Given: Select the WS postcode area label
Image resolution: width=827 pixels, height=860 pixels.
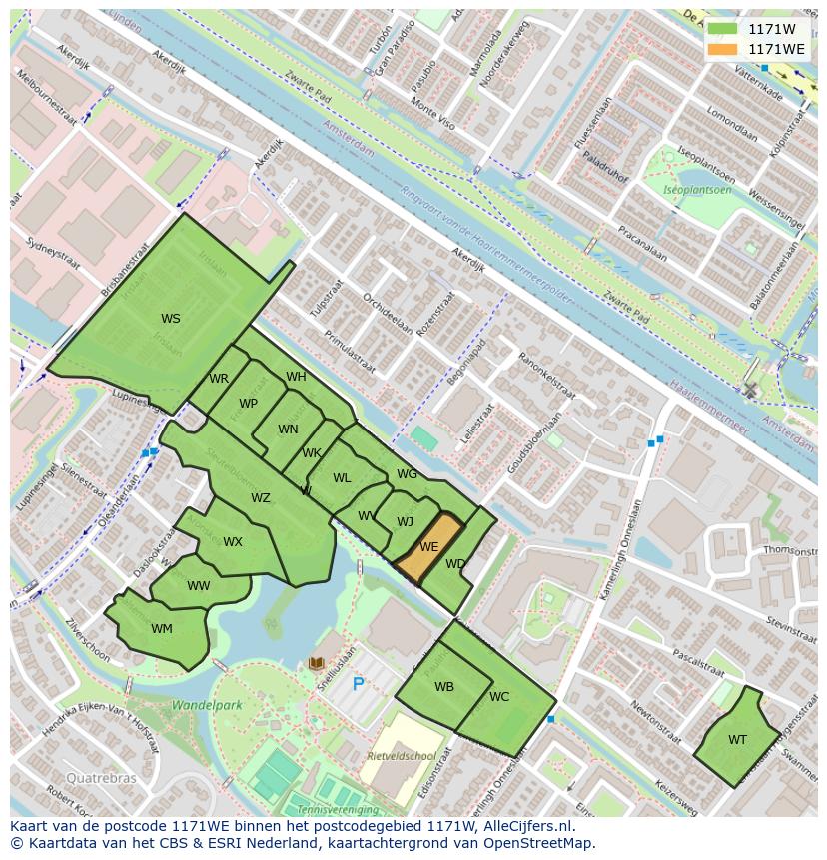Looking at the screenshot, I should (171, 319).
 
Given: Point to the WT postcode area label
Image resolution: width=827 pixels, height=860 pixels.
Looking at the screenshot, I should (737, 740).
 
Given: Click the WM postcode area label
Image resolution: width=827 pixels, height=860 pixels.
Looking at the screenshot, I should (162, 629).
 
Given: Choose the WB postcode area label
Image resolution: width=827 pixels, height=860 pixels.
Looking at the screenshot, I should (444, 687).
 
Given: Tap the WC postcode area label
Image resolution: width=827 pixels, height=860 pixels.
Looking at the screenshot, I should (499, 697).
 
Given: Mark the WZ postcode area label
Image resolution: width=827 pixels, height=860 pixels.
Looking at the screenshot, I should (260, 498).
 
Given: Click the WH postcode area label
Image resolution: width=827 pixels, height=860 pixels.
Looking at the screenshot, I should (296, 377).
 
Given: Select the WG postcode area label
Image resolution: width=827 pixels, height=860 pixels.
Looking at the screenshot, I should (407, 474).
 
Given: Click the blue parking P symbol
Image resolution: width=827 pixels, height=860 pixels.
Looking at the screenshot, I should (358, 685).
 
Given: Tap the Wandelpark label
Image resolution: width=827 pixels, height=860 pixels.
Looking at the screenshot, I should (207, 705).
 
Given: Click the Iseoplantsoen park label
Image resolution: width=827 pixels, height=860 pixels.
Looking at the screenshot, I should (698, 190).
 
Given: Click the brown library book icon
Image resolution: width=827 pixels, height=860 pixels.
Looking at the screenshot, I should (317, 663).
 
